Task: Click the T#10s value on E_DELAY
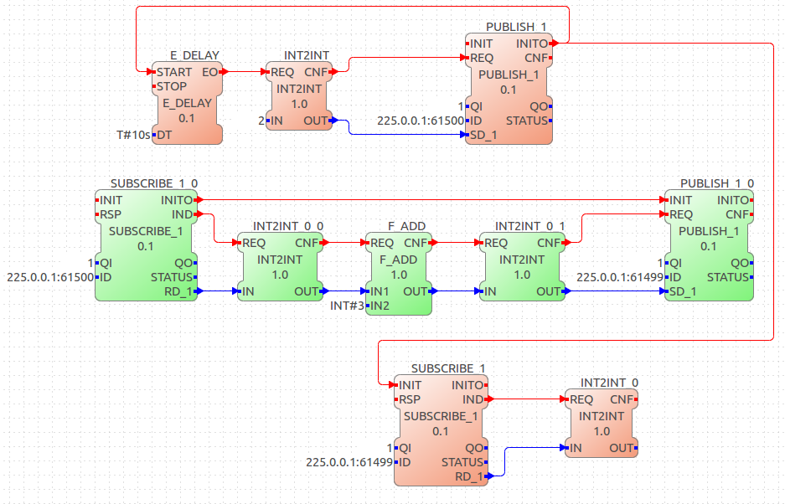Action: (133, 135)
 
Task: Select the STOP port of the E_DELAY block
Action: (171, 86)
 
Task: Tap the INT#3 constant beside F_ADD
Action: (347, 306)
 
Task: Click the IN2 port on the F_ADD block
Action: (380, 306)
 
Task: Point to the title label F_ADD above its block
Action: (406, 226)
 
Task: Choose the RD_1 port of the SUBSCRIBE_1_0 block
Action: (178, 291)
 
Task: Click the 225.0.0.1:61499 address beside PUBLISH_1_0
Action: (620, 277)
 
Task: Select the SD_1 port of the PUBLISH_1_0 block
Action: (682, 291)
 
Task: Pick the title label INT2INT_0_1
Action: (529, 226)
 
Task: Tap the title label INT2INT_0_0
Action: (288, 226)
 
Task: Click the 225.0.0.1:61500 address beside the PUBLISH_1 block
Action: (421, 121)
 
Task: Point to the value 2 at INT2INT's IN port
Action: (261, 121)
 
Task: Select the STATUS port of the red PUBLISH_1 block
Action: (527, 121)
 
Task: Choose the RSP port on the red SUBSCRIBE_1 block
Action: (410, 399)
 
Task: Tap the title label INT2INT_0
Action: (609, 383)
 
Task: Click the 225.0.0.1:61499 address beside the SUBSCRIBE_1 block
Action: (349, 462)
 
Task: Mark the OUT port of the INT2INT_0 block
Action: (622, 448)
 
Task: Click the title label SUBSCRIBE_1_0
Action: (154, 183)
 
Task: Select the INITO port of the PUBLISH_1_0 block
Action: (733, 200)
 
